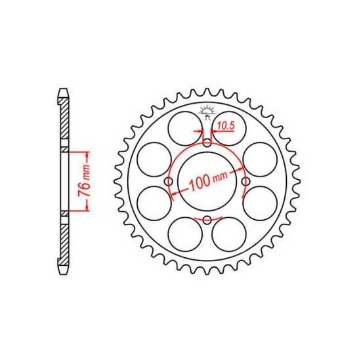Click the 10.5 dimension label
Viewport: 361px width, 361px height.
[226, 126]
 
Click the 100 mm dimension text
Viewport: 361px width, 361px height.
[208, 180]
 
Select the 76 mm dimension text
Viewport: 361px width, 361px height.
[84, 180]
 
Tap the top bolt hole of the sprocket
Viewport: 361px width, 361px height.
[207, 142]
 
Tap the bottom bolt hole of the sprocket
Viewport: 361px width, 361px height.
[207, 220]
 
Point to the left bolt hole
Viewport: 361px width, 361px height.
[169, 181]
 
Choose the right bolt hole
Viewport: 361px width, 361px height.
[246, 181]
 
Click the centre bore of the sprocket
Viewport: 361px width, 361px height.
[207, 181]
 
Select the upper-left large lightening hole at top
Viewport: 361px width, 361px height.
[185, 129]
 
